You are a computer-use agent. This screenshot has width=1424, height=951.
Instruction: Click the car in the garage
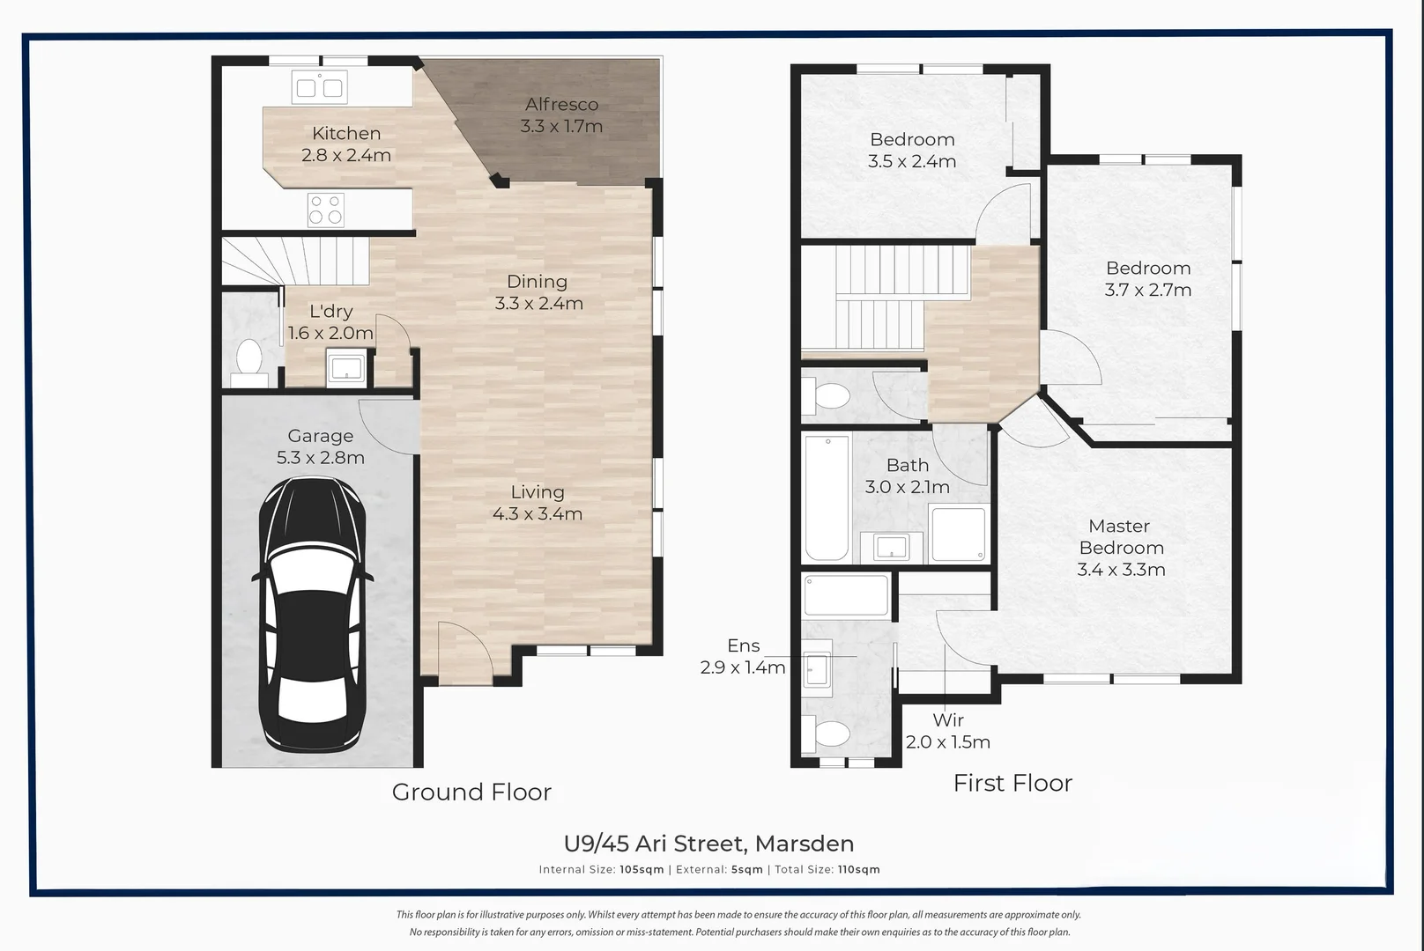(312, 615)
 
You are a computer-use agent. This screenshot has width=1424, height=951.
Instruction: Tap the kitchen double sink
(319, 88)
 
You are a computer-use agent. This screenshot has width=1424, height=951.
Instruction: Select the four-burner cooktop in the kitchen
(325, 210)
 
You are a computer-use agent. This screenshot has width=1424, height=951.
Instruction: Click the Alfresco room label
(562, 104)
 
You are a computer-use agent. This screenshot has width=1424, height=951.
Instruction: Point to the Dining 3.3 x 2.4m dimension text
(539, 304)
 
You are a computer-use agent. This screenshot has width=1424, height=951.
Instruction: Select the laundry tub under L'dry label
(346, 368)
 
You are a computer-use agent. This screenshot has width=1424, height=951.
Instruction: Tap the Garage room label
(321, 436)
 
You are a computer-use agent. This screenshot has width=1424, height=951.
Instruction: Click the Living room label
(538, 491)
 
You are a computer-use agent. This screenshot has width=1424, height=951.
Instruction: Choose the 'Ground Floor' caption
(471, 792)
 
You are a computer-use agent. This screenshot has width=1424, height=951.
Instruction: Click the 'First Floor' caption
(1012, 784)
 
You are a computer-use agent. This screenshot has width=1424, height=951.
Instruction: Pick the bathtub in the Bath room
(827, 498)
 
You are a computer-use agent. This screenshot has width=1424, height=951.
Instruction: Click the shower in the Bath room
(958, 534)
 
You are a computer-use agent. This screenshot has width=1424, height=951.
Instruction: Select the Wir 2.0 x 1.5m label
(948, 731)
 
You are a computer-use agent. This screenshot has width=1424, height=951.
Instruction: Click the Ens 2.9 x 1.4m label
(743, 657)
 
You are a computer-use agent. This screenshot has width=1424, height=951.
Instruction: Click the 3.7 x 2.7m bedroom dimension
(1148, 291)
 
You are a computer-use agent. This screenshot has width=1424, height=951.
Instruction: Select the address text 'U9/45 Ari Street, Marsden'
(708, 844)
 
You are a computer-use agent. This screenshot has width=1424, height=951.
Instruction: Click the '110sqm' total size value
(859, 870)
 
